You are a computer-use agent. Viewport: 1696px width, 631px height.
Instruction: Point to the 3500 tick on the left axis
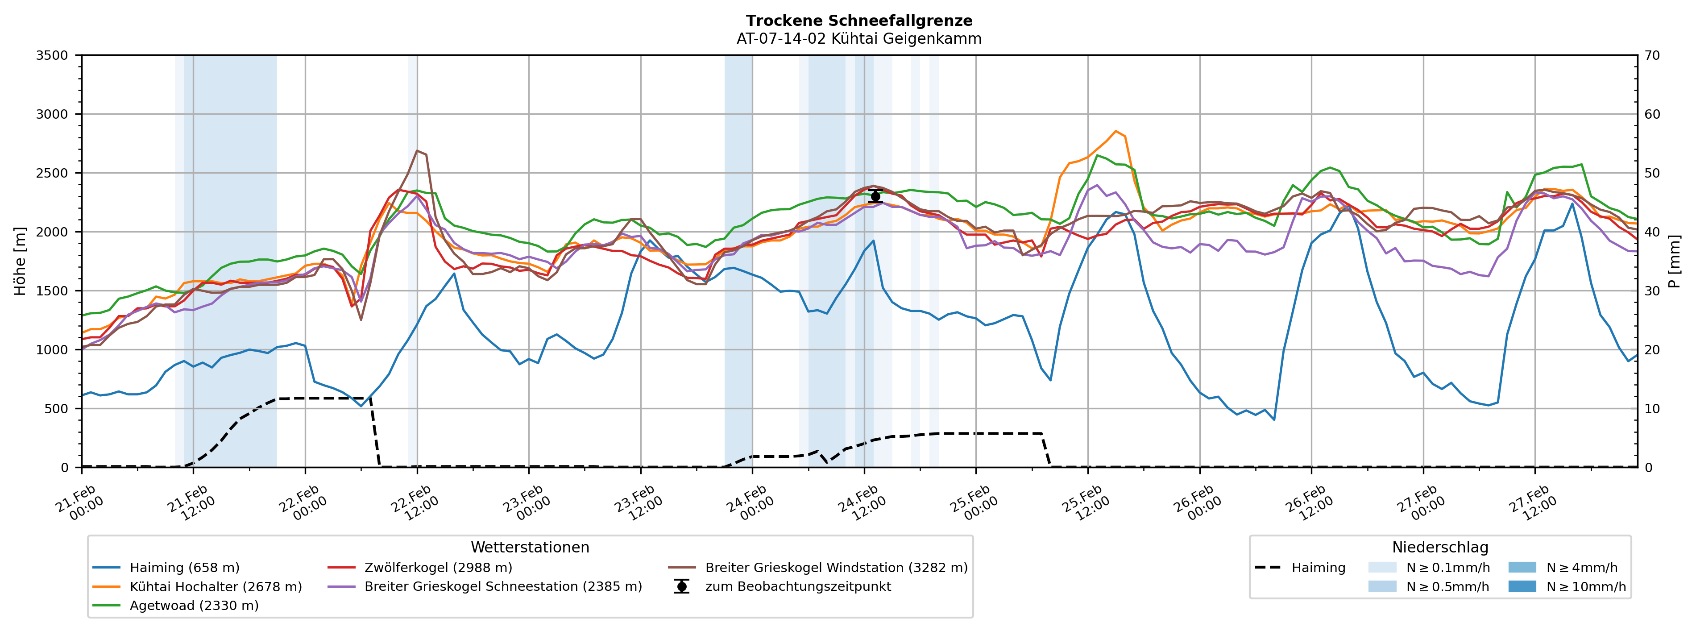point(52,55)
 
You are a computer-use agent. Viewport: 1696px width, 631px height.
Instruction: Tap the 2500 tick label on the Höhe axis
point(52,173)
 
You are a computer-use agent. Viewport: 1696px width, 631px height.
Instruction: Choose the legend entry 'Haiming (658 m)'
point(184,568)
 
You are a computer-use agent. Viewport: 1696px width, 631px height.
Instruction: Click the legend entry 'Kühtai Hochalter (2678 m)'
point(216,587)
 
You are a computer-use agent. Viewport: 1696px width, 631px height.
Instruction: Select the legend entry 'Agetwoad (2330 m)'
point(194,606)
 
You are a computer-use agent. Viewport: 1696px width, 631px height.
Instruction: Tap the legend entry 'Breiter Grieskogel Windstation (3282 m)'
point(836,568)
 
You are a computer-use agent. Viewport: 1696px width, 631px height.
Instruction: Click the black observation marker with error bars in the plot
point(875,196)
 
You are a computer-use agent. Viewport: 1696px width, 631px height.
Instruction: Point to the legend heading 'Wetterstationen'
point(530,548)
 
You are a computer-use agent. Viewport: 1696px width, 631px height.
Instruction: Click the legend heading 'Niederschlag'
point(1440,548)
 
